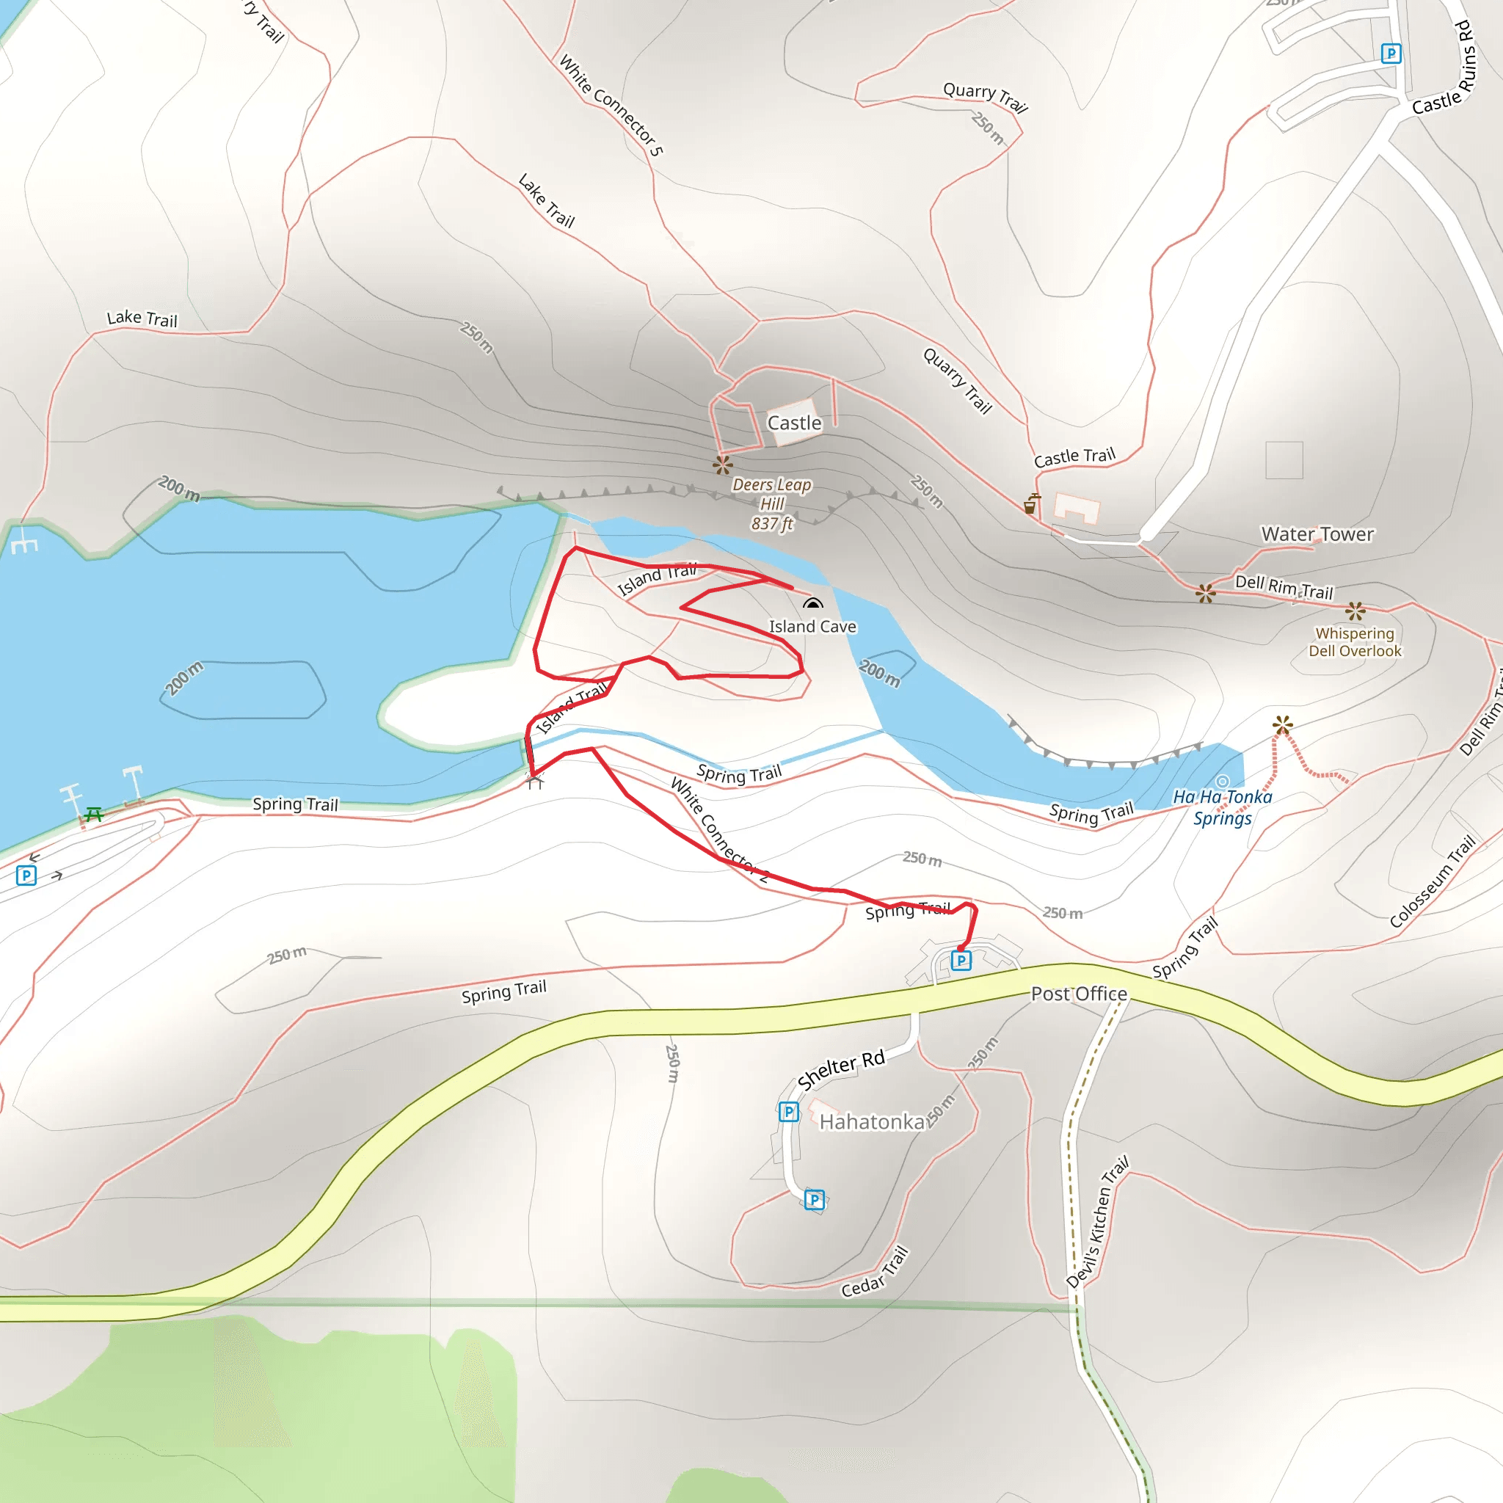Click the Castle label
[x=793, y=423]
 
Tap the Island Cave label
[x=812, y=626]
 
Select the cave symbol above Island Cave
[x=812, y=604]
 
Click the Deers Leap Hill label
[x=771, y=504]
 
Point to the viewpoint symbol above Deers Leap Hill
[x=723, y=465]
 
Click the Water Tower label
[x=1317, y=534]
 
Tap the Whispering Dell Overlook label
[x=1355, y=642]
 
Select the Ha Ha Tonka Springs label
[x=1222, y=807]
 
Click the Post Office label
[x=1078, y=994]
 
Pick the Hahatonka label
[x=871, y=1122]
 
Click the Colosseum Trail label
[x=1433, y=881]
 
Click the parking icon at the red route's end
[x=961, y=960]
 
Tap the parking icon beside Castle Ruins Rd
[x=1391, y=53]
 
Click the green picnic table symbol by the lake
[x=94, y=814]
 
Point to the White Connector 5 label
[x=611, y=106]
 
